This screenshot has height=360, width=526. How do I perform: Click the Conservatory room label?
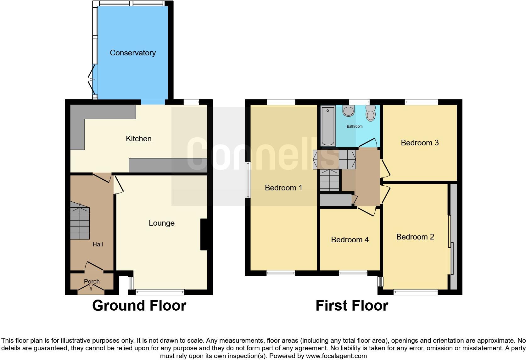tap(132, 53)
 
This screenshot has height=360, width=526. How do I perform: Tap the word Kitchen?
tap(138, 139)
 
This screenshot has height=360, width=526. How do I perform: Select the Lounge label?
tap(161, 223)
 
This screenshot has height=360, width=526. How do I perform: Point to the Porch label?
tap(92, 281)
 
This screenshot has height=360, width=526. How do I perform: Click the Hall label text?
tap(98, 245)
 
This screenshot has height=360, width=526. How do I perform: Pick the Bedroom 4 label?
tap(350, 240)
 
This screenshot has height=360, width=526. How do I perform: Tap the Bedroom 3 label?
tap(419, 143)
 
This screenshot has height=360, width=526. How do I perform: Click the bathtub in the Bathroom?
tap(328, 126)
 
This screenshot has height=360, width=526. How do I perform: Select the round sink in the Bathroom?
tap(349, 111)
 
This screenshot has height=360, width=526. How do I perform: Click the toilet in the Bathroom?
tap(371, 114)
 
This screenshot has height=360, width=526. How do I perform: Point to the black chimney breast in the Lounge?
tap(204, 234)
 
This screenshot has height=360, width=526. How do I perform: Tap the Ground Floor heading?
tap(139, 306)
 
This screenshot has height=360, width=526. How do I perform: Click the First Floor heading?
tap(352, 306)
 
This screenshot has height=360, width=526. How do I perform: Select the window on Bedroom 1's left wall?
tap(248, 180)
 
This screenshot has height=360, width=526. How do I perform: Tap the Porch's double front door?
tap(91, 288)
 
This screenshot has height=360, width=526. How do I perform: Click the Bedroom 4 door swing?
tap(367, 211)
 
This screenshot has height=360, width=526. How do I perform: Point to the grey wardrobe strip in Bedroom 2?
tap(453, 236)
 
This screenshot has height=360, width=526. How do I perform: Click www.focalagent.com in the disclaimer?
tap(336, 356)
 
